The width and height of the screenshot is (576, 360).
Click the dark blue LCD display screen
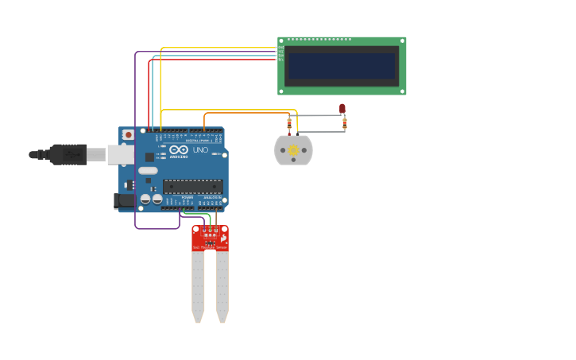(341, 66)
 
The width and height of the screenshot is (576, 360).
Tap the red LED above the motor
(342, 108)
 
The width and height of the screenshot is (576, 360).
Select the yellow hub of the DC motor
(293, 150)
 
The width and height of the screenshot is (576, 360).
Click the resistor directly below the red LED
(344, 123)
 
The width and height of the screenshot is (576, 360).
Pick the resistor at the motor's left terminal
(289, 122)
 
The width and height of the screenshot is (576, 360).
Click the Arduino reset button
(127, 135)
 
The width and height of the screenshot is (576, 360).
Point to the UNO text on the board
(200, 149)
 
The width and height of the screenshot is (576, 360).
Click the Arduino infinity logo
(179, 149)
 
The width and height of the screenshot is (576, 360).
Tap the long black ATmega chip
(192, 187)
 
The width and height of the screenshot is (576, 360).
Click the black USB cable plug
(68, 154)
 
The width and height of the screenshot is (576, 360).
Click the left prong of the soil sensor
(198, 286)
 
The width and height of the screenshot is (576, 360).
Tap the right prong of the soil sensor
(222, 286)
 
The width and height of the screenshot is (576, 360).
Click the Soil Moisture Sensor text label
(210, 248)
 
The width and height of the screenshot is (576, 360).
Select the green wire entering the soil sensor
(210, 219)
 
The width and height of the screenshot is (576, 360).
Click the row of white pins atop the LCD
(319, 39)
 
